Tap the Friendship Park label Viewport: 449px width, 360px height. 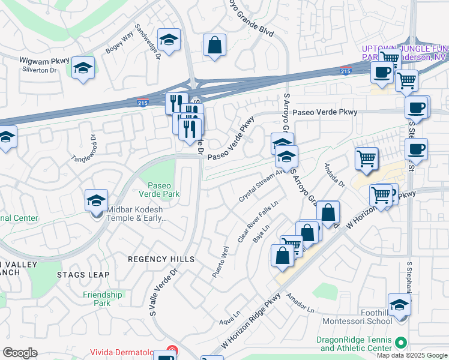103,299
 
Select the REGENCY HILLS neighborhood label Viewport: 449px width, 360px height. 161,259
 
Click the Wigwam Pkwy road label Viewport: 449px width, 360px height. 44,61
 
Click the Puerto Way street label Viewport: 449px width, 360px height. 220,262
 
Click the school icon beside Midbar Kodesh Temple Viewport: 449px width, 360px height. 96,201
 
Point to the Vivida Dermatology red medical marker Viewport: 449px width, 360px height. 172,351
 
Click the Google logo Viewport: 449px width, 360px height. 20,352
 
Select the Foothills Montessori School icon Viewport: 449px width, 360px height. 399,305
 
